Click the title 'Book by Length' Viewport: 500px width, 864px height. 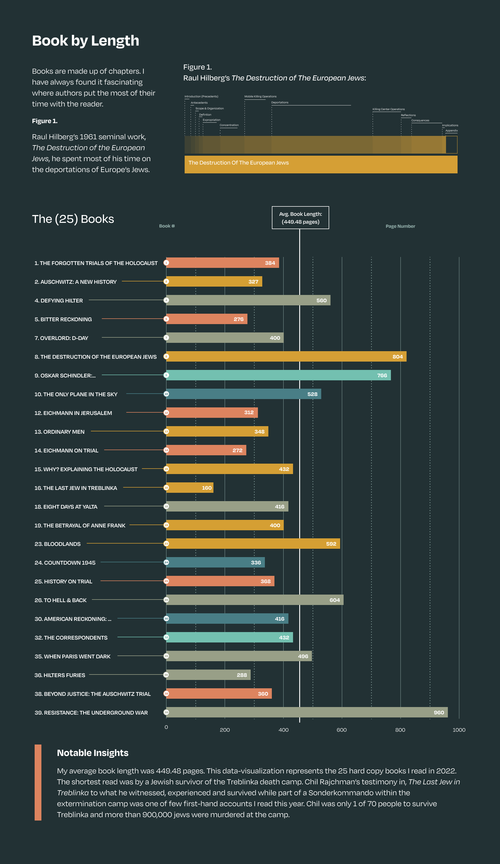tap(85, 41)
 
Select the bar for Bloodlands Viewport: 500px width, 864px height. tap(253, 544)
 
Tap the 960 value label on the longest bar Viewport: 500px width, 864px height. tap(439, 712)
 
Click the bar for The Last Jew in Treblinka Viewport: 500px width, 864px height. tap(190, 488)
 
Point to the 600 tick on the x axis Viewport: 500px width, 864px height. tap(342, 730)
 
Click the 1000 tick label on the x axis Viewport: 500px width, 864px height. tap(459, 730)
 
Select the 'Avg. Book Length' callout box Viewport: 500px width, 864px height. tap(301, 218)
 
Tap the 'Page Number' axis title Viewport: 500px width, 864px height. tap(400, 226)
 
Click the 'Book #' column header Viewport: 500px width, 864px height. tap(167, 226)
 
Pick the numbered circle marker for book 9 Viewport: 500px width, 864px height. tap(166, 375)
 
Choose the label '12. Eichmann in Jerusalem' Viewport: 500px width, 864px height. tap(73, 413)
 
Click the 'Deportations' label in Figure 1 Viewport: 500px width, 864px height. tap(280, 103)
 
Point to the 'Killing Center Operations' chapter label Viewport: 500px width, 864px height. tap(389, 109)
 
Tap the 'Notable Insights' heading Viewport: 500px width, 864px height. tap(93, 753)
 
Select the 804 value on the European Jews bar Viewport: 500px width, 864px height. tap(397, 357)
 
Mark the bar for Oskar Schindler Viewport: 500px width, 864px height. tap(278, 375)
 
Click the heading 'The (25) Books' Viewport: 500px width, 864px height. tap(73, 219)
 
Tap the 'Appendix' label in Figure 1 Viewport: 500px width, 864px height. tap(451, 131)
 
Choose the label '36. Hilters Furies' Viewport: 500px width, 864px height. tap(60, 675)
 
